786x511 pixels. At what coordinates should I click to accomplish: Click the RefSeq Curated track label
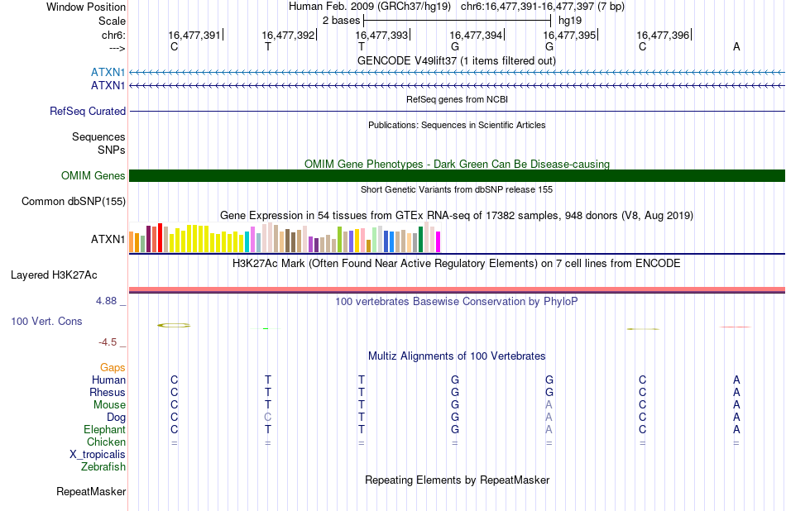pos(88,112)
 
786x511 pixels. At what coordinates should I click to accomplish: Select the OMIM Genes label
pos(93,175)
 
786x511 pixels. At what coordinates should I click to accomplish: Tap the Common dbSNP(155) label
pos(74,202)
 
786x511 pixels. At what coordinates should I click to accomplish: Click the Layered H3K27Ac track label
pos(54,275)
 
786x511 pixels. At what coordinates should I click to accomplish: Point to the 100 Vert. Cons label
pos(46,321)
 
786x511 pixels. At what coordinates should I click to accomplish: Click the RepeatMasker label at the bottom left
pos(91,491)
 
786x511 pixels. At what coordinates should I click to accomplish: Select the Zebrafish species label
pos(103,466)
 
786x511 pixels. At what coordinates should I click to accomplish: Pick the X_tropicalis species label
pos(98,455)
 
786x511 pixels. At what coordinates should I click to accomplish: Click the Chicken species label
pos(106,442)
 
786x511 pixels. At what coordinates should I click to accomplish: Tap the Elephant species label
pos(105,429)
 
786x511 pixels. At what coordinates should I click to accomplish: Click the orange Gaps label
pos(113,368)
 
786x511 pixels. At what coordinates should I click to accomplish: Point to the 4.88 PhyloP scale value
pos(106,301)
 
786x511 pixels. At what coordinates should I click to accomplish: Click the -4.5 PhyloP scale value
pos(108,342)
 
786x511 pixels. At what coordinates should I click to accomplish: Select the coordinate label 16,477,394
pos(476,35)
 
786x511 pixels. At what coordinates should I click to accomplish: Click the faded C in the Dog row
pos(268,417)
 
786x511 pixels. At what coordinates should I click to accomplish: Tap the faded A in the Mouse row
pos(549,404)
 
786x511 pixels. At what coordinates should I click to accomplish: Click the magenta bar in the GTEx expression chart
pos(439,241)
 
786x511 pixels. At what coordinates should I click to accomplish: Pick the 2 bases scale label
pos(342,21)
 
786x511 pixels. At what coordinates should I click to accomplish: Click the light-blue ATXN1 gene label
pos(108,72)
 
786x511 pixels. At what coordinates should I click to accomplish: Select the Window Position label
pos(86,7)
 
